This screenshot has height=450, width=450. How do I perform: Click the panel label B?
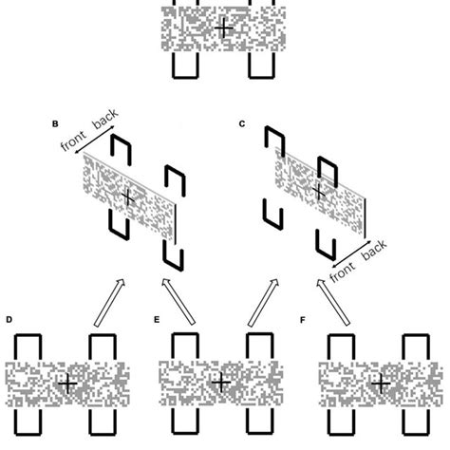tap(55, 123)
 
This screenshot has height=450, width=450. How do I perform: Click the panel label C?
tap(242, 123)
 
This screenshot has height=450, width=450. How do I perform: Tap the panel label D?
tap(9, 320)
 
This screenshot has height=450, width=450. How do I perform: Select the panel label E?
tap(157, 320)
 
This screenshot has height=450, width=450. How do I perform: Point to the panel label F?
tap(303, 320)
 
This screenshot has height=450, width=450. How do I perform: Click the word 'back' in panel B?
tap(105, 119)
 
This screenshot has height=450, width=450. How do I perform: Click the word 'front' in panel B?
tap(73, 141)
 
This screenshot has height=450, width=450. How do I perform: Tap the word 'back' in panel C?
tap(374, 250)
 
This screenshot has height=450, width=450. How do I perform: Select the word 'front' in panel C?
tap(343, 272)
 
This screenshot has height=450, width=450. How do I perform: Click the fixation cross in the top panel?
tap(224, 28)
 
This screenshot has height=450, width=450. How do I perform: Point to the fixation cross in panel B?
tap(128, 197)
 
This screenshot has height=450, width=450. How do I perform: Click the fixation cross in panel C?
tap(319, 192)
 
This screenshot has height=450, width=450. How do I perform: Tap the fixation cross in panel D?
tap(67, 384)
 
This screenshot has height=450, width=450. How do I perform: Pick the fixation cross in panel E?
tap(221, 383)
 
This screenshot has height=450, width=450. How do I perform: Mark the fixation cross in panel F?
tap(381, 384)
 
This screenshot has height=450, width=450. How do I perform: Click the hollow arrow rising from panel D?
tap(109, 303)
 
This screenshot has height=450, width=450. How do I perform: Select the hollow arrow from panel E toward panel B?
tap(178, 302)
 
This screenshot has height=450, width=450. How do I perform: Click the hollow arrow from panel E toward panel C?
tap(263, 303)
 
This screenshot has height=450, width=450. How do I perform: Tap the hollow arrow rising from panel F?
tap(333, 303)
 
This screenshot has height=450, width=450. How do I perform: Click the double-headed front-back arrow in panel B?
tap(94, 141)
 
